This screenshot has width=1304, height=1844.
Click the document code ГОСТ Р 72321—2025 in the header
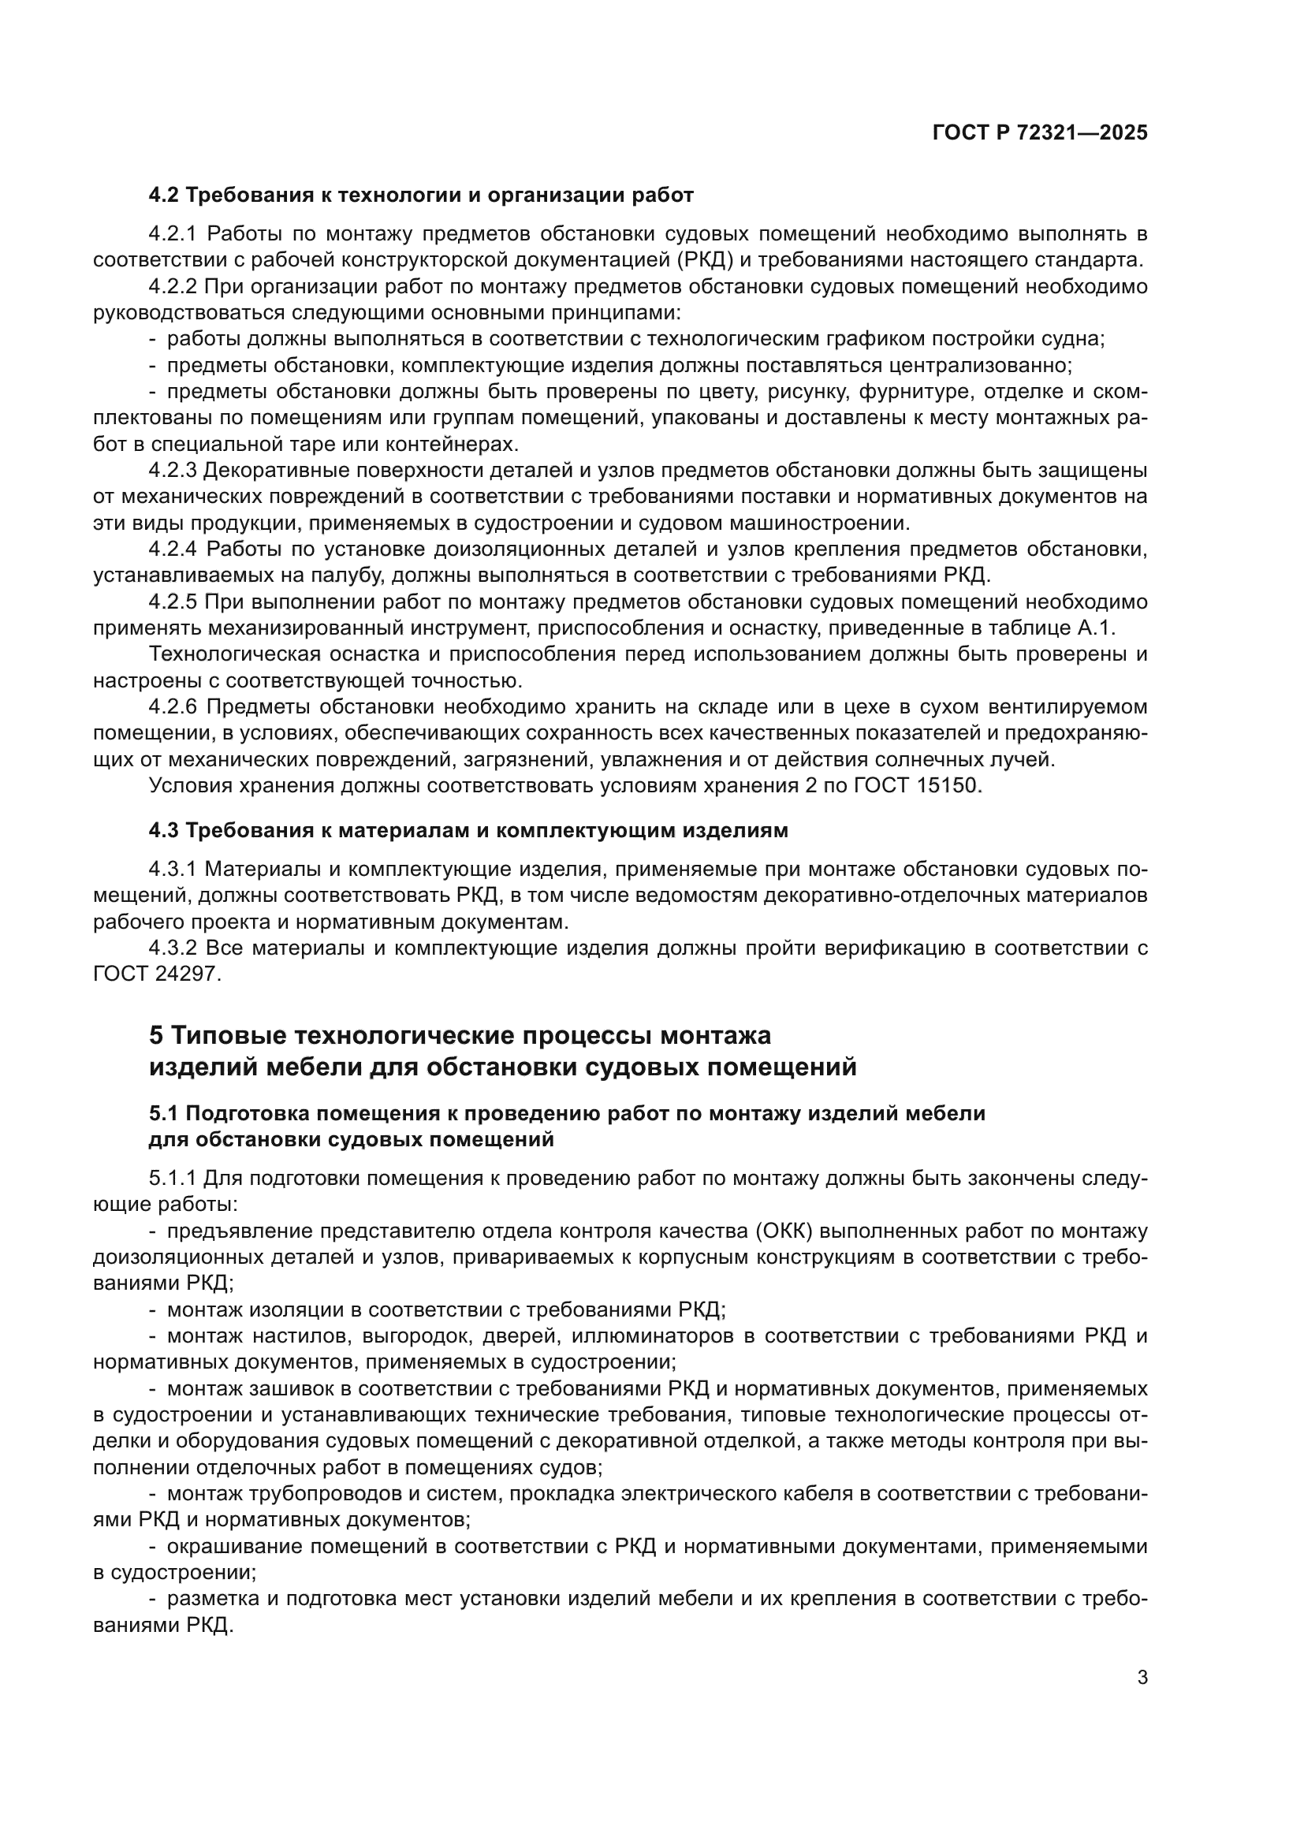click(x=1040, y=133)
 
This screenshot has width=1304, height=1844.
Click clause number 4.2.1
click(x=173, y=233)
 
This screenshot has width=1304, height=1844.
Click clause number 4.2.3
click(x=173, y=470)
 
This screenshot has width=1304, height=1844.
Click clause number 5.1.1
click(x=173, y=1179)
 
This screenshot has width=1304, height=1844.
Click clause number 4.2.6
click(x=173, y=706)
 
